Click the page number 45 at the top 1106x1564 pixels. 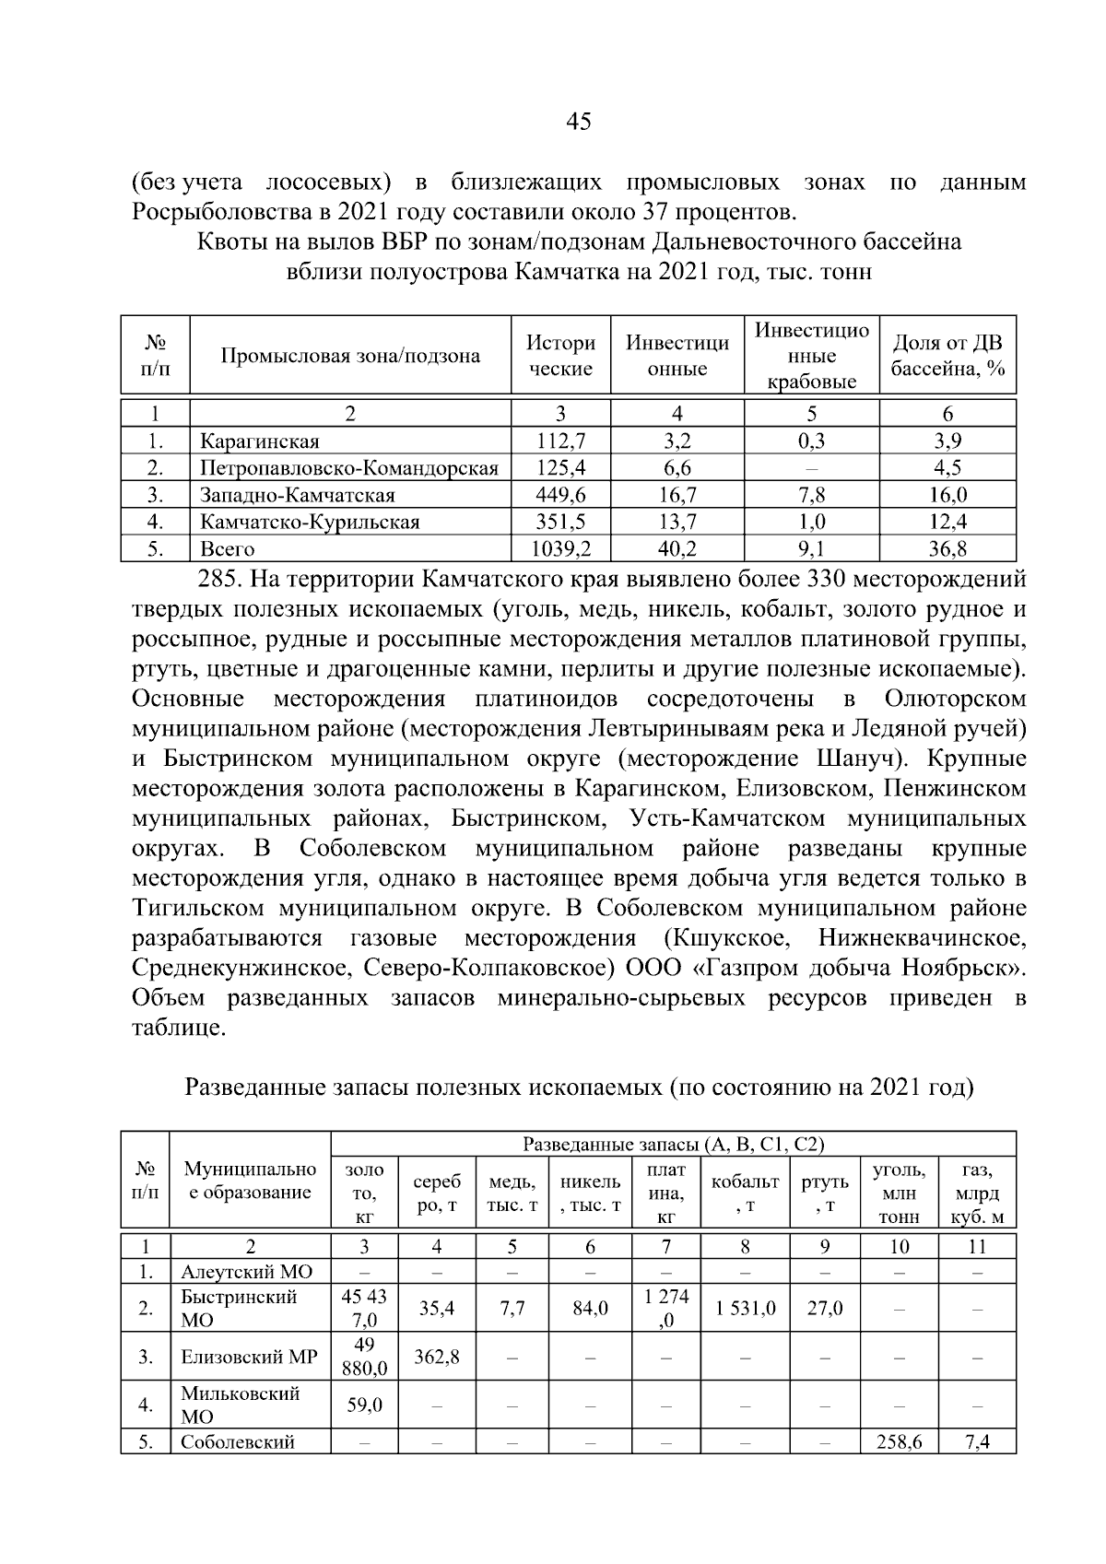(579, 121)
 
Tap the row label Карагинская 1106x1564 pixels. (260, 441)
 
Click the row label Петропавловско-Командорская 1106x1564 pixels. (349, 468)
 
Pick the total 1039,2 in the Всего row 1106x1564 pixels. (560, 549)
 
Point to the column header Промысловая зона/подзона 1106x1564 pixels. (350, 357)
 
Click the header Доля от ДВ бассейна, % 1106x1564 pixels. (947, 357)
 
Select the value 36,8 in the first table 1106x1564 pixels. (947, 549)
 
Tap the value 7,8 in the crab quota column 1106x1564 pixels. (811, 495)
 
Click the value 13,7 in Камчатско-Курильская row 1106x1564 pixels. (677, 523)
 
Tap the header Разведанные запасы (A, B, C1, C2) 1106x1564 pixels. (673, 1144)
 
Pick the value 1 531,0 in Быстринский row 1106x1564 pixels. (745, 1308)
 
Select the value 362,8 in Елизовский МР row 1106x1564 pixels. (437, 1357)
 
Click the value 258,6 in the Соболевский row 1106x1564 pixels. (899, 1442)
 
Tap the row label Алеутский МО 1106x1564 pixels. (246, 1273)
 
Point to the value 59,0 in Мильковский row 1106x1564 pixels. (364, 1405)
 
